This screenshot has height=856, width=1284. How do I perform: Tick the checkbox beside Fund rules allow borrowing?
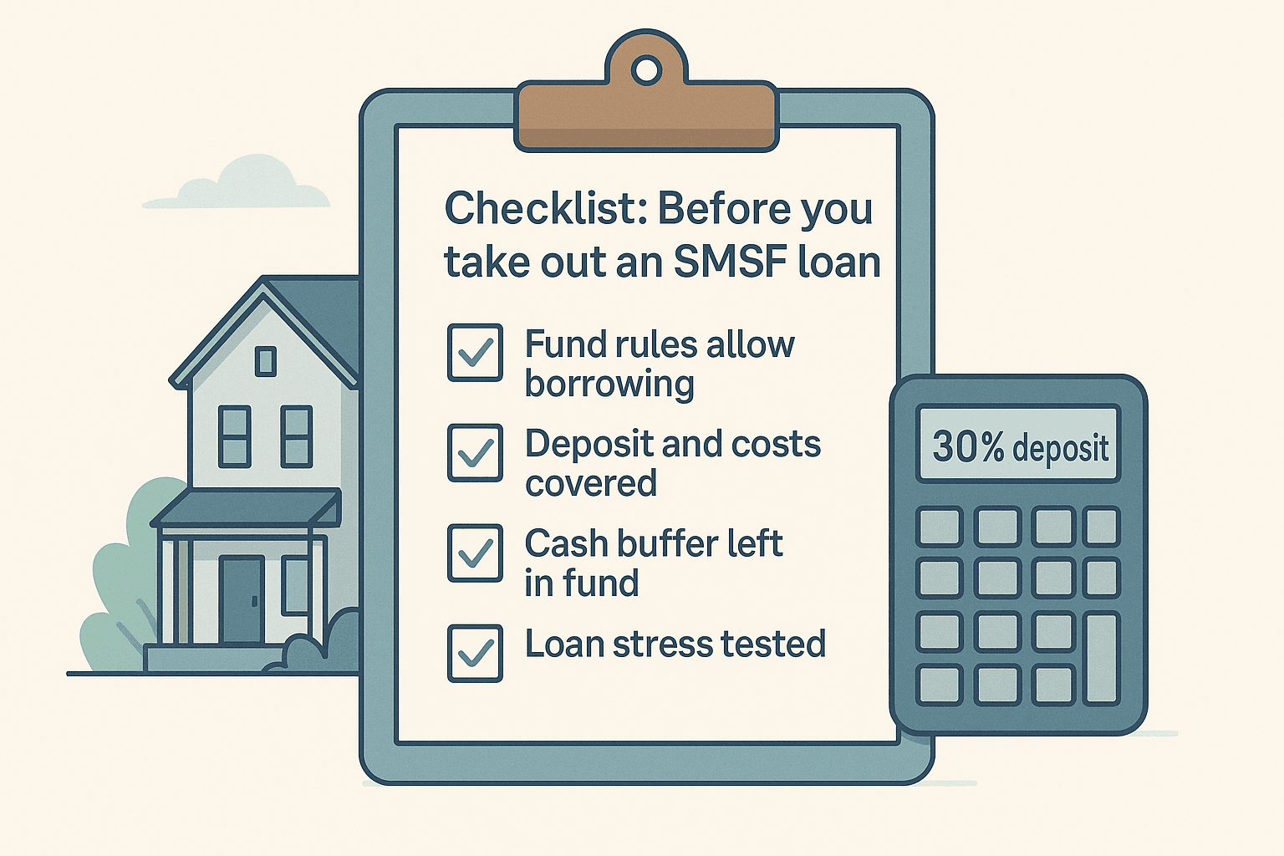pos(475,353)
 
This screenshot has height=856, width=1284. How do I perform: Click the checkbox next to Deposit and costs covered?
pos(475,453)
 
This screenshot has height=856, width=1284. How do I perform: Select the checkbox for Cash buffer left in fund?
pos(475,553)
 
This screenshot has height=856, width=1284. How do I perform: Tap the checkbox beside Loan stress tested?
pos(475,653)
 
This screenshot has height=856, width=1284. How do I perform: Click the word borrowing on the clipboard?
pos(609,385)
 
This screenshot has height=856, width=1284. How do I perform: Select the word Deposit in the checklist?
pos(588,444)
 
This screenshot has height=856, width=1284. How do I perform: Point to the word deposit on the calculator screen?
pos(1061,448)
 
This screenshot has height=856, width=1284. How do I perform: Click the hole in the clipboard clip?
pos(646,71)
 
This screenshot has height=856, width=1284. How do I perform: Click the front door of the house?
pos(242,599)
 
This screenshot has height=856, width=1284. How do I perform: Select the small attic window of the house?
pos(266,361)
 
